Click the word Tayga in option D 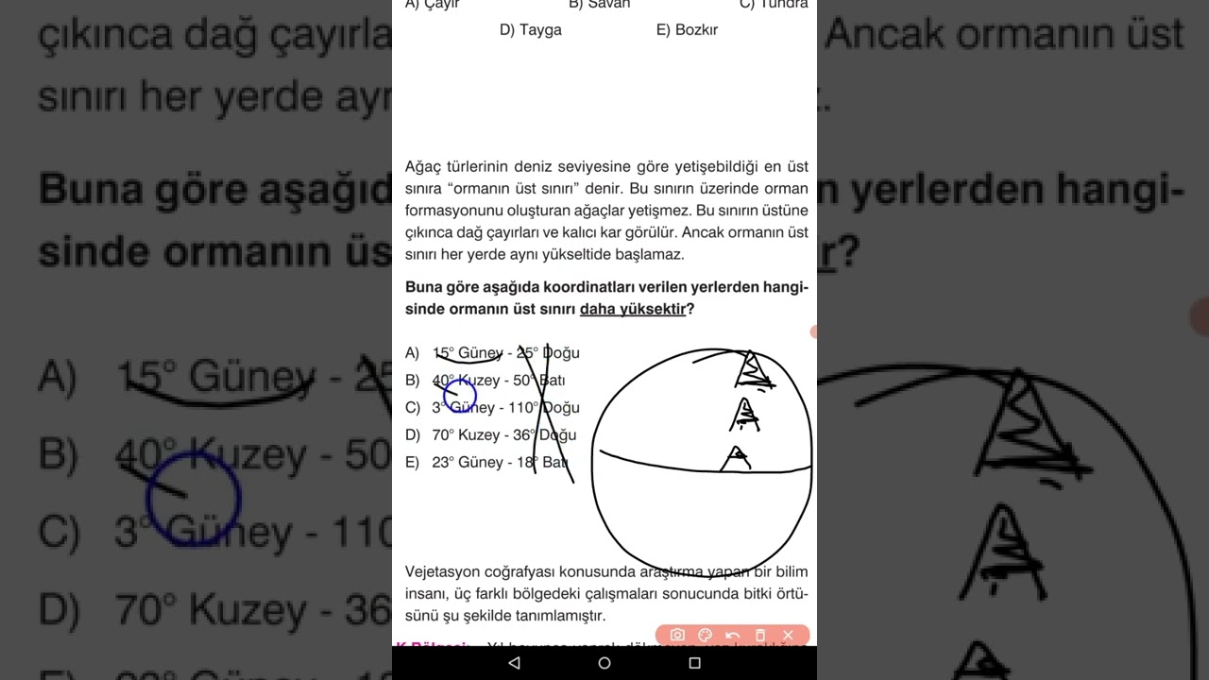point(541,30)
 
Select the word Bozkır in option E point(696,30)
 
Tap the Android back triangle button point(514,663)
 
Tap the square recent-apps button point(694,663)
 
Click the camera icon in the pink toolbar point(676,636)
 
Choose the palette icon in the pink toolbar point(705,636)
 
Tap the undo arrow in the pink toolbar point(732,636)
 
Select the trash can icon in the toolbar point(760,636)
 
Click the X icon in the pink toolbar point(788,636)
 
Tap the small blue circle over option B point(460,392)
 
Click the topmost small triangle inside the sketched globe point(752,369)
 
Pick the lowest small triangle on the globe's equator point(736,459)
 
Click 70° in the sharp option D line point(442,435)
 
